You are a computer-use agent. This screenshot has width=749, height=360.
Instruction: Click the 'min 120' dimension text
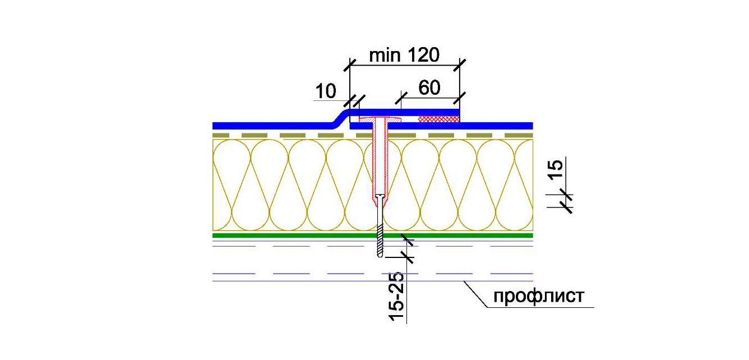(x=404, y=55)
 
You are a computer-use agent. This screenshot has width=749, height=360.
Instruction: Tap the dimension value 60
(x=429, y=88)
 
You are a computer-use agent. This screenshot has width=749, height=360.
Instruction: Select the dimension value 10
(x=326, y=91)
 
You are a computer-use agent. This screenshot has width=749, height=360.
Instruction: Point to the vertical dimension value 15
(x=556, y=169)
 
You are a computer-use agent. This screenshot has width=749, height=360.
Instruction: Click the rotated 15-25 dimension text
(x=397, y=297)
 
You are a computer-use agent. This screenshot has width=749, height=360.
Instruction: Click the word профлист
(x=539, y=296)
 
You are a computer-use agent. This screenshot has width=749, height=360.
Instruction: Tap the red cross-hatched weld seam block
(x=439, y=119)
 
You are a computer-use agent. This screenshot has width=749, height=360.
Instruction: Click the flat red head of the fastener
(x=380, y=119)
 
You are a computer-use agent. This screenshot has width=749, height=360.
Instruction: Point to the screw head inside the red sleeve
(x=380, y=196)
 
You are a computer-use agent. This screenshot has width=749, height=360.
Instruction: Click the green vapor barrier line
(x=372, y=236)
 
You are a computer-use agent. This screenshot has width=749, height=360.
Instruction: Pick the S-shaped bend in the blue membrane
(x=339, y=118)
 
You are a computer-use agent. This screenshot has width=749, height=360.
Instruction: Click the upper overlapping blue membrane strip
(x=405, y=112)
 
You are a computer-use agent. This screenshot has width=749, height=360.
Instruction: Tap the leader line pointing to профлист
(x=475, y=294)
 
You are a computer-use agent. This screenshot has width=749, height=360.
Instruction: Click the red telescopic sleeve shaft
(x=380, y=160)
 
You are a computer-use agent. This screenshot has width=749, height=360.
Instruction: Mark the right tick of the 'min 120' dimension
(x=459, y=65)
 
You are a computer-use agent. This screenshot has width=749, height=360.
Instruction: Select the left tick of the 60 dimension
(x=401, y=98)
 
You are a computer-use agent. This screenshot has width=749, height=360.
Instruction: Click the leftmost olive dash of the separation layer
(x=221, y=135)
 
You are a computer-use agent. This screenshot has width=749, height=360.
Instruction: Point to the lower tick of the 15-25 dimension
(x=407, y=257)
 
